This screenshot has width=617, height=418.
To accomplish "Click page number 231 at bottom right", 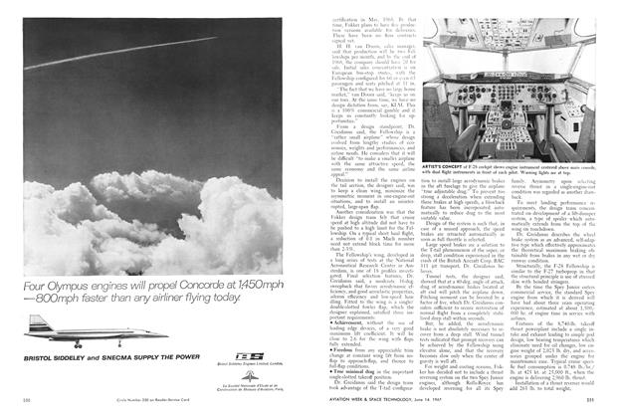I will pos(591,403).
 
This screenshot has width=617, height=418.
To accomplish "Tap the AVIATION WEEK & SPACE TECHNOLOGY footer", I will pos(393,403).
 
